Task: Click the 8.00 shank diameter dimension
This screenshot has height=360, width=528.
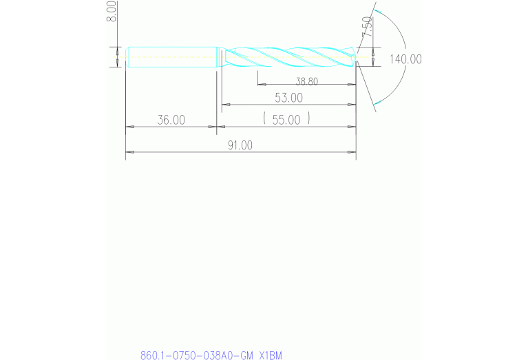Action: point(112,11)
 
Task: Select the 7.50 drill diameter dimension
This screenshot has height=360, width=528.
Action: point(367,27)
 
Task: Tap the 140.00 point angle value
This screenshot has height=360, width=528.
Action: point(405,59)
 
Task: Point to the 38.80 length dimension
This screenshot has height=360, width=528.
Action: point(307,81)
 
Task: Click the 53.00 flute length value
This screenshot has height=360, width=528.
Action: point(288,98)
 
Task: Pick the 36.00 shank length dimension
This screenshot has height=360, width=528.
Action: point(171,120)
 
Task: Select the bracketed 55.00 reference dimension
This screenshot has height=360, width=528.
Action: point(286,119)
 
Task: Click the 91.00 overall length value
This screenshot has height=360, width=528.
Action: point(240,145)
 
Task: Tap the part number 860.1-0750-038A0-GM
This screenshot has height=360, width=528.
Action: point(197,355)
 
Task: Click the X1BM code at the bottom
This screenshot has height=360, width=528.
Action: point(271,355)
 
